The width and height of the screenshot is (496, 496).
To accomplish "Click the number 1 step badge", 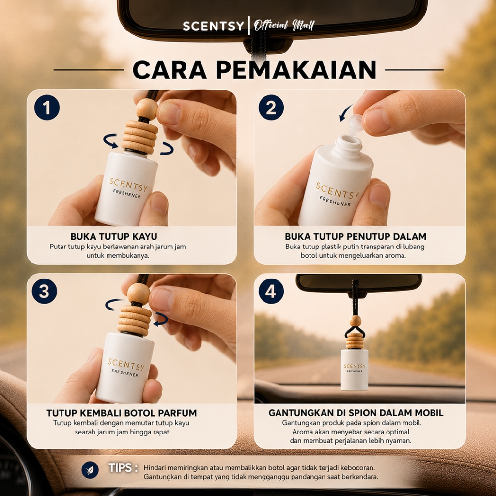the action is (x=47, y=108).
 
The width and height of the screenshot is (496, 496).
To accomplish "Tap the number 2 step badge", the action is (x=271, y=108).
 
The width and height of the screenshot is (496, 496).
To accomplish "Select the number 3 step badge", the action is (x=44, y=291).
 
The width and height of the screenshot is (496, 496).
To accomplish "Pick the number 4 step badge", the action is (x=271, y=291).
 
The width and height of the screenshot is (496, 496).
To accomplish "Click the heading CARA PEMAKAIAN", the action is (x=255, y=70).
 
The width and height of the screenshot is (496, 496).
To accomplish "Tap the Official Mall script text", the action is (x=284, y=25).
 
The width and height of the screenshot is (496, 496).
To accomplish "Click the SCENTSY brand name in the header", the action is (x=213, y=26).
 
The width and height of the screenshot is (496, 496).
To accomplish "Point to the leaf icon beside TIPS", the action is (x=90, y=470).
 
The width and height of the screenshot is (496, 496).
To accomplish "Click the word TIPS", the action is (x=121, y=467).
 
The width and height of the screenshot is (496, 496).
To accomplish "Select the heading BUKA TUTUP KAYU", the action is (x=114, y=236).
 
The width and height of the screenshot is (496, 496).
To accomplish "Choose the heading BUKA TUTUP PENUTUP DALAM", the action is (x=356, y=236).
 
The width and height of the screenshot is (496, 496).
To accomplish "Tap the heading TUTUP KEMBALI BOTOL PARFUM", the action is (x=122, y=413).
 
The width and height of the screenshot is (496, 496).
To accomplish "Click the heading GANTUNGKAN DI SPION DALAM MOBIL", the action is (x=356, y=413).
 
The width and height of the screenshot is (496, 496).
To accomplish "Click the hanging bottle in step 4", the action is (x=354, y=370).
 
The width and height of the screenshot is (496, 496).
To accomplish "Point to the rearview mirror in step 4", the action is (x=359, y=283).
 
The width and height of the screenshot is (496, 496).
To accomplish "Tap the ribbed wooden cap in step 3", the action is (x=135, y=320).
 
